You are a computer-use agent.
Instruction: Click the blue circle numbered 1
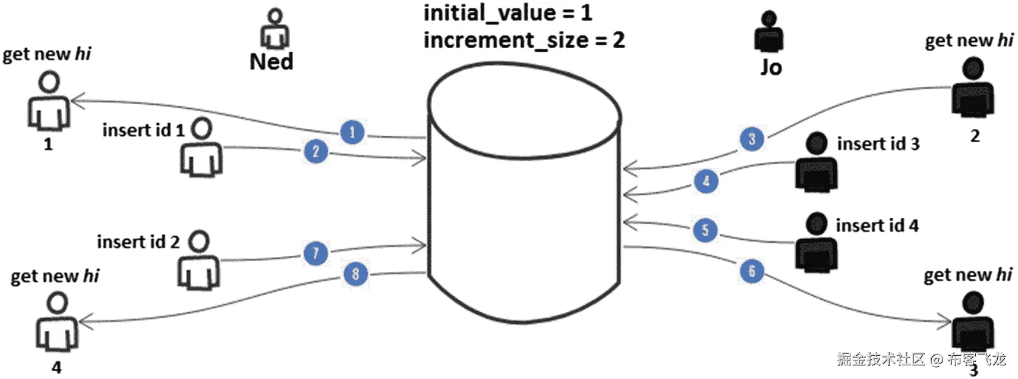(x=352, y=132)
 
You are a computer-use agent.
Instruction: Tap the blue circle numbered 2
(x=316, y=151)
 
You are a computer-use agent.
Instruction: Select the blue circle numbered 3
(x=752, y=139)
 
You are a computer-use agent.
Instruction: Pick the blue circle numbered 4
(x=706, y=181)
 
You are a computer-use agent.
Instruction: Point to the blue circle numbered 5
(x=705, y=230)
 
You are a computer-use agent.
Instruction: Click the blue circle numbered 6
(x=752, y=271)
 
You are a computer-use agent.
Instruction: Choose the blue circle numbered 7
(x=316, y=253)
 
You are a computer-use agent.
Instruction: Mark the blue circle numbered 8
(x=355, y=274)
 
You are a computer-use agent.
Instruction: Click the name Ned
(x=271, y=62)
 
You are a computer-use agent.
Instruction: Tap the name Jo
(x=771, y=67)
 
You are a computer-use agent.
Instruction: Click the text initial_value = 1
(x=508, y=13)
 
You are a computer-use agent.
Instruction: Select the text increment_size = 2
(x=524, y=40)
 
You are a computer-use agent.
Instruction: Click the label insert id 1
(x=143, y=130)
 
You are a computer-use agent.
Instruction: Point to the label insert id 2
(x=138, y=242)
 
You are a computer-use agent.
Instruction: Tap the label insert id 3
(x=878, y=144)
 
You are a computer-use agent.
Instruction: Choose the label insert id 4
(x=877, y=226)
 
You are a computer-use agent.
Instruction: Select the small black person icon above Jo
(x=769, y=32)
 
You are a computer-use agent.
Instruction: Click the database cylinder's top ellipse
(x=524, y=110)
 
